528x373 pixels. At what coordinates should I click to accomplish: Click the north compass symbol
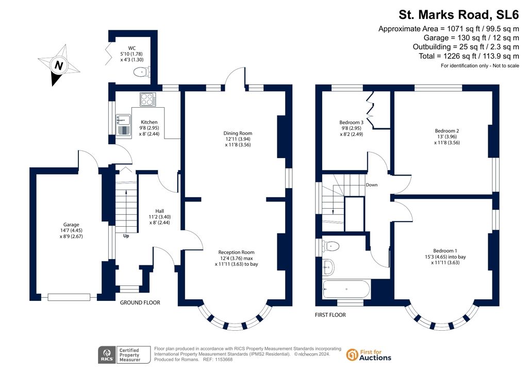click(x=59, y=65)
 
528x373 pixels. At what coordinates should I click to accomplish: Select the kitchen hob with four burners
click(x=147, y=98)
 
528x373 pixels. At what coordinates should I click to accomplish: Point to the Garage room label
click(x=71, y=225)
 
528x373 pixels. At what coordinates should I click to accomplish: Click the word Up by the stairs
click(x=126, y=236)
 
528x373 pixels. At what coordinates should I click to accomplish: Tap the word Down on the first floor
click(x=371, y=184)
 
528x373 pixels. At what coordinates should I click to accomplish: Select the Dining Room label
click(x=238, y=133)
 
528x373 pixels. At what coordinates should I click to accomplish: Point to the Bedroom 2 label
click(x=446, y=131)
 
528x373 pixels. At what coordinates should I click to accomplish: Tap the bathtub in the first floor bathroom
click(x=345, y=289)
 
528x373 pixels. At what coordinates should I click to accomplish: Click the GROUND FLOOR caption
click(x=140, y=303)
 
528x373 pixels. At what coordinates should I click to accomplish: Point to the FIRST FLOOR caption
click(x=330, y=315)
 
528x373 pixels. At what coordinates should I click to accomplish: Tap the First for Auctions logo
click(x=369, y=355)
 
